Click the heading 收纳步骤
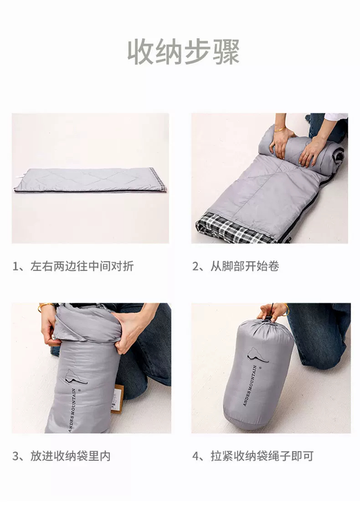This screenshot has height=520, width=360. coord(184,52)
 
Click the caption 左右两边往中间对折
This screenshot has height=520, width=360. coord(82,266)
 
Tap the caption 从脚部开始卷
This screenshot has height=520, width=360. coord(245,266)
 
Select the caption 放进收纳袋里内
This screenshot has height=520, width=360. coord(70,456)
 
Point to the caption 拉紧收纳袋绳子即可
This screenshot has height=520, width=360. coord(262,456)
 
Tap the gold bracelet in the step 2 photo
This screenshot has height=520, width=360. coord(280,129)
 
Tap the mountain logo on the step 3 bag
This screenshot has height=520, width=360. coord(76,377)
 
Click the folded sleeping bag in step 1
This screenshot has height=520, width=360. coord(90,180)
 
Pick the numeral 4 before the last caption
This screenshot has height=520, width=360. coord(195,456)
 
